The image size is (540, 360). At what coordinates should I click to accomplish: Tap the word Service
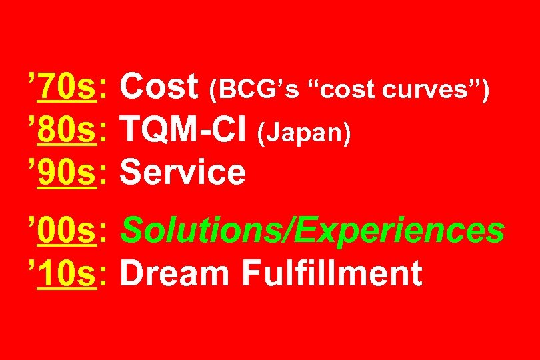click(x=183, y=172)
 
